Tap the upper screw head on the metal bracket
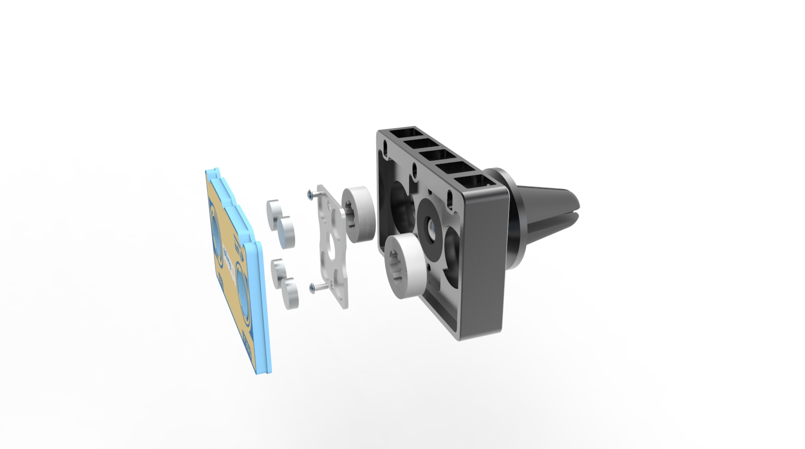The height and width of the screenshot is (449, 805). [x=308, y=193]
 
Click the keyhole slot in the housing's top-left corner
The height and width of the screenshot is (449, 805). [x=386, y=148]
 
